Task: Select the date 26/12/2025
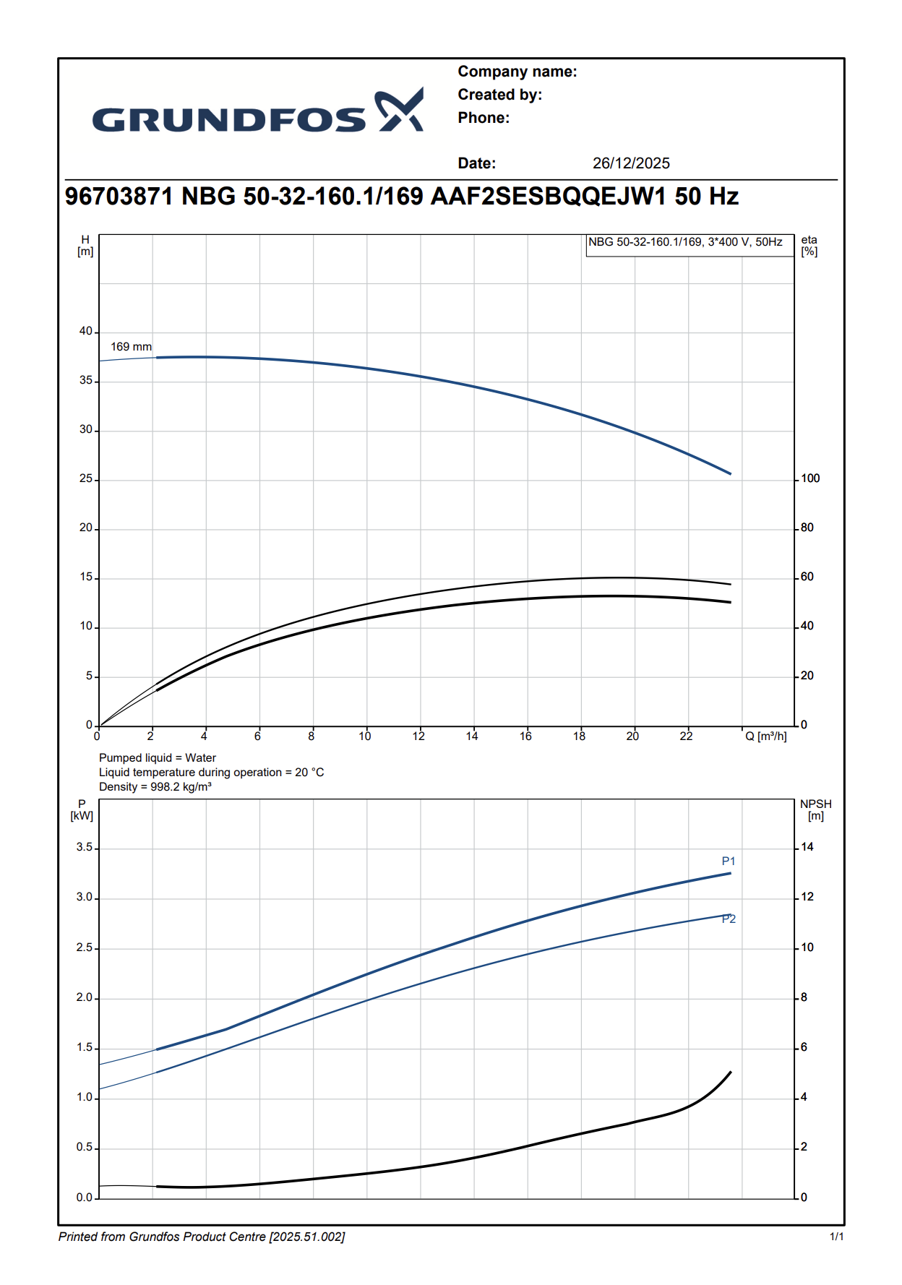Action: tap(631, 163)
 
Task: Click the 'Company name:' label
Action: tap(517, 72)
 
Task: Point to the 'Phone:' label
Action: tap(484, 118)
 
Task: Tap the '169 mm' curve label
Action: tap(131, 347)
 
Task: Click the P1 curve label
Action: tap(729, 861)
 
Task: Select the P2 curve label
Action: tap(729, 919)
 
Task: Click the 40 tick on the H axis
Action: tap(86, 331)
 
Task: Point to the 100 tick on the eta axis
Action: tap(810, 478)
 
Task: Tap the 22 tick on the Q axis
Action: tap(686, 736)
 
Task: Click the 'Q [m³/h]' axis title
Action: tap(766, 736)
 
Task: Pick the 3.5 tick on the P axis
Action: tap(85, 847)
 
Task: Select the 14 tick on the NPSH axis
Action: tap(807, 847)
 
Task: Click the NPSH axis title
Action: tap(815, 809)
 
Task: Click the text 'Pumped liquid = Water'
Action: tap(158, 758)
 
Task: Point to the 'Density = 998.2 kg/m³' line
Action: tap(155, 787)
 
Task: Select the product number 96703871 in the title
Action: tap(119, 197)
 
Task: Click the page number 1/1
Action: tap(836, 1237)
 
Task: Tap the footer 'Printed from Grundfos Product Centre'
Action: tap(202, 1237)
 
